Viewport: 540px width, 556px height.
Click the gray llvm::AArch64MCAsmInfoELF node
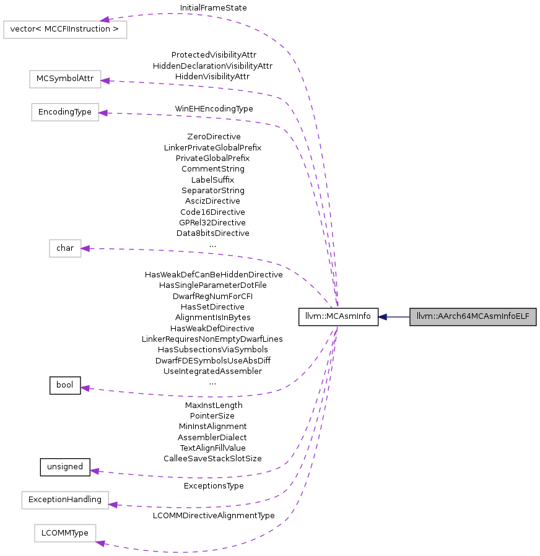coord(472,317)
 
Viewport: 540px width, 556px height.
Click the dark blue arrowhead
coord(381,317)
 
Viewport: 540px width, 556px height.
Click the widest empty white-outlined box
coord(65,30)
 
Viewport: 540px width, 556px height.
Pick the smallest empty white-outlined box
coord(65,248)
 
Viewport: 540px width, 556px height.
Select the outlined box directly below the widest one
coord(65,79)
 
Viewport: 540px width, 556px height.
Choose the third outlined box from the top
coord(65,112)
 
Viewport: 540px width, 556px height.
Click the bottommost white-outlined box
coord(65,533)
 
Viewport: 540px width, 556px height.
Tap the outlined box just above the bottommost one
coord(65,500)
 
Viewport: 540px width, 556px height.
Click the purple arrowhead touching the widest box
coord(105,20)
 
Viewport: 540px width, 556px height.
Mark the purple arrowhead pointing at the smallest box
coord(85,248)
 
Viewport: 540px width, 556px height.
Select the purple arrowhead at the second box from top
coord(105,80)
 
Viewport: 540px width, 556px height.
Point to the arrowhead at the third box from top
coord(103,113)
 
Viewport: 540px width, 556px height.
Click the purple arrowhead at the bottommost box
coord(101,543)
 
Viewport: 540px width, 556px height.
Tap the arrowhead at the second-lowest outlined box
coord(113,505)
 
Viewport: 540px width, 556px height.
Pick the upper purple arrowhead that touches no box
coord(85,388)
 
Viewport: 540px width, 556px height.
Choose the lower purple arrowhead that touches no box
coord(94,471)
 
